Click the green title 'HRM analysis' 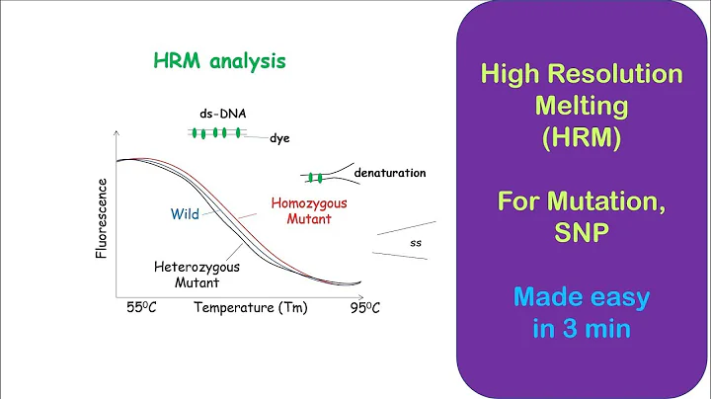point(220,60)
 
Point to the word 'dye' point(280,139)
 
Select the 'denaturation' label point(389,173)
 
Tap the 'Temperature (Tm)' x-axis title point(250,307)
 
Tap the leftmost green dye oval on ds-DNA point(196,132)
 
